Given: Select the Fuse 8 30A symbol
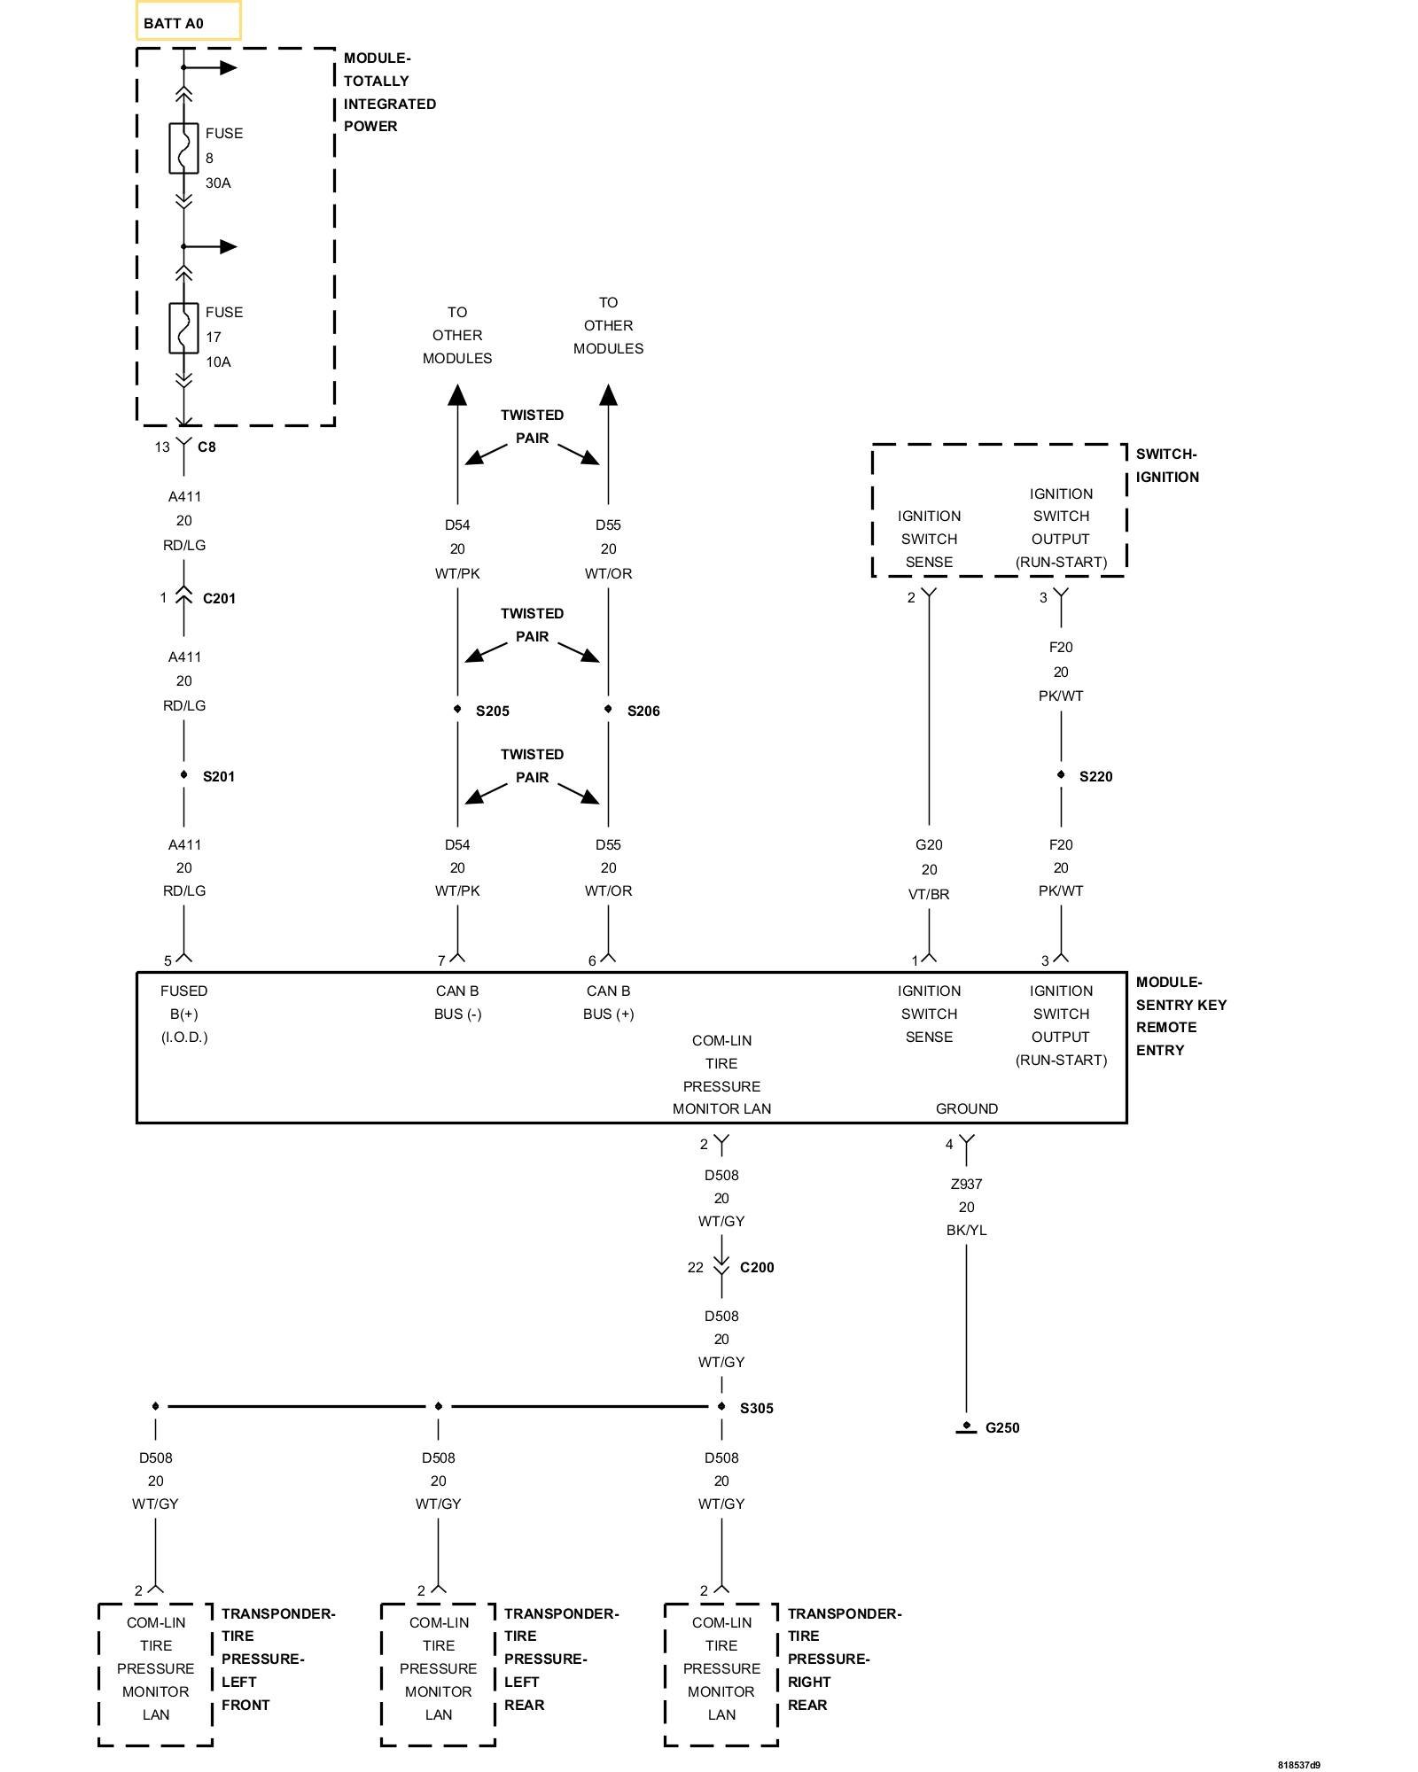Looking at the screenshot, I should [x=183, y=148].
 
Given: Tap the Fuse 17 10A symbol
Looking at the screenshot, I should [x=183, y=328].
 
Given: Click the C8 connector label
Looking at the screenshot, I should [x=206, y=447].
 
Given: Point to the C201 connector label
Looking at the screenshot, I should [x=219, y=599].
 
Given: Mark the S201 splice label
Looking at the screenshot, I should [x=218, y=777].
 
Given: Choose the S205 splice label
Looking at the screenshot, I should [x=492, y=711].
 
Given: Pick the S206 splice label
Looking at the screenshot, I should [x=643, y=711].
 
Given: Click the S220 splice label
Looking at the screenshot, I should [x=1095, y=777].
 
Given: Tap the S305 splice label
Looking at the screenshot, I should [x=756, y=1409].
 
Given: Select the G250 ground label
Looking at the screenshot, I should [x=1001, y=1428].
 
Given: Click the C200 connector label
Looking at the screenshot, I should [x=756, y=1268].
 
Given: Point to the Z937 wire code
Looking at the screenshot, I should [x=966, y=1185].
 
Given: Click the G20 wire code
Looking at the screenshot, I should [x=929, y=845].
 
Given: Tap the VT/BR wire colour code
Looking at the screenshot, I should [x=929, y=895].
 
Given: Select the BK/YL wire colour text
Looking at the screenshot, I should [x=966, y=1231].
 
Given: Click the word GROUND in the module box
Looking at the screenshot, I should [x=966, y=1109].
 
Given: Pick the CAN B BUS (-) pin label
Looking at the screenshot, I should [x=457, y=1003].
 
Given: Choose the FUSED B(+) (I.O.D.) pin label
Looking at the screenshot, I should [x=184, y=1014].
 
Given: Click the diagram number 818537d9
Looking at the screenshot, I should [x=1298, y=1765].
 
